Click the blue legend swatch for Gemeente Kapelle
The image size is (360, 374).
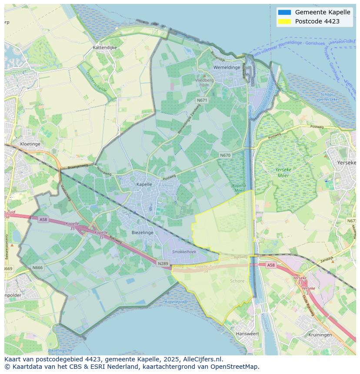click(284, 12)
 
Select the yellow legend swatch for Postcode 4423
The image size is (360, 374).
click(284, 21)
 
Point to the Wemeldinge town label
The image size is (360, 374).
click(227, 67)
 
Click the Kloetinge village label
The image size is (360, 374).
click(30, 144)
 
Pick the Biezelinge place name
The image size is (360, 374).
click(142, 232)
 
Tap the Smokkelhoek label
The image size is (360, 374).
click(184, 252)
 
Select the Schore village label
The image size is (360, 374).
click(237, 281)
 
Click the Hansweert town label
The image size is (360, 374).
click(247, 334)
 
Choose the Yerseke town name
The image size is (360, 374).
click(347, 162)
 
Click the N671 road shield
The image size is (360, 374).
click(202, 100)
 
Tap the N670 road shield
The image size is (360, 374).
click(225, 155)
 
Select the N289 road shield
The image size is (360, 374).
click(163, 263)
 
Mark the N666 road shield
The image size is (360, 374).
click(37, 268)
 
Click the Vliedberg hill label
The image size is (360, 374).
click(204, 80)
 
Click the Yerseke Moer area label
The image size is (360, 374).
click(283, 172)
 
